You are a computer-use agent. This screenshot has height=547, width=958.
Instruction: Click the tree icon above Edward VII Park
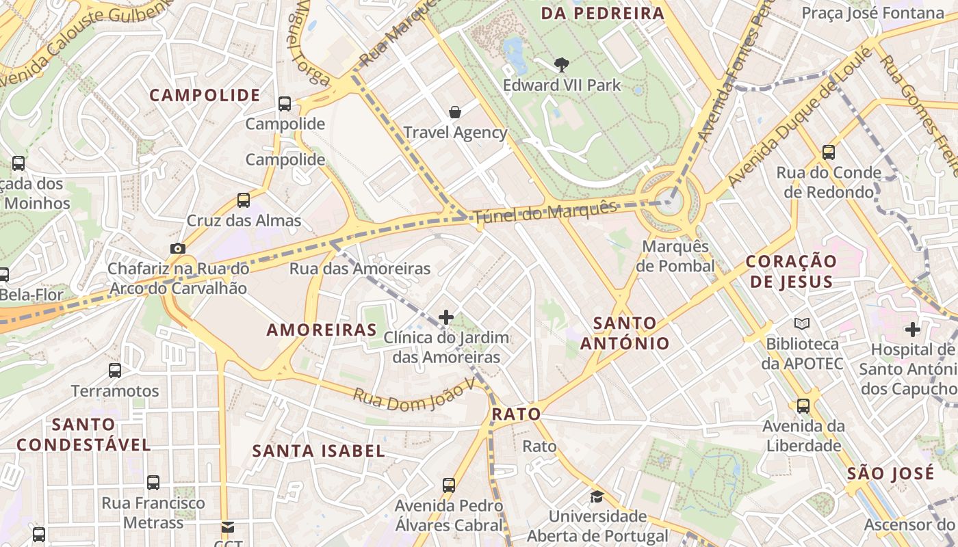click(562, 65)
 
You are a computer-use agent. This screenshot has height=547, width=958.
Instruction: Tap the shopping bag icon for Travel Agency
click(454, 112)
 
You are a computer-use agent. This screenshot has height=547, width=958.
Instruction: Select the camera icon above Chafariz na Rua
click(178, 248)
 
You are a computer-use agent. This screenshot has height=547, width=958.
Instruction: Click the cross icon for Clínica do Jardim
click(446, 317)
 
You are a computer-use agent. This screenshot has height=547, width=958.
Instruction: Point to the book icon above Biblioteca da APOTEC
click(802, 323)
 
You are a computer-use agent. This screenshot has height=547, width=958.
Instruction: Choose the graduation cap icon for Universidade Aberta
click(597, 496)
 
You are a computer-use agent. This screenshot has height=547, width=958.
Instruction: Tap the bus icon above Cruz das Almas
click(244, 200)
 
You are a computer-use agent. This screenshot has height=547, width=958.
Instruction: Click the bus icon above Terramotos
click(115, 371)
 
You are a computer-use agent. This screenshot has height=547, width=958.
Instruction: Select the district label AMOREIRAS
click(322, 330)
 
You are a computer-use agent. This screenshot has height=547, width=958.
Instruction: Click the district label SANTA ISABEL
click(319, 451)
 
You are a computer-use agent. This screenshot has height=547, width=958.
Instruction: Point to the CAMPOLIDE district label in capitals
click(205, 96)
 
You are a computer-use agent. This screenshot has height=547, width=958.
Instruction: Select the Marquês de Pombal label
click(675, 256)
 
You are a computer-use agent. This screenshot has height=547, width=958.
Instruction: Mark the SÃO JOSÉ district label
click(890, 474)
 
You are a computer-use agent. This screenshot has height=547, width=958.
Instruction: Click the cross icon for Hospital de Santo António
click(912, 330)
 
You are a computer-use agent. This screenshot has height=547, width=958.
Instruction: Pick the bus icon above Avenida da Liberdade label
click(803, 405)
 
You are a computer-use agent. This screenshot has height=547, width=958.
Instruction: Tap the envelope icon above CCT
click(227, 527)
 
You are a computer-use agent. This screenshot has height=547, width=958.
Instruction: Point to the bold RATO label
click(517, 414)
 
